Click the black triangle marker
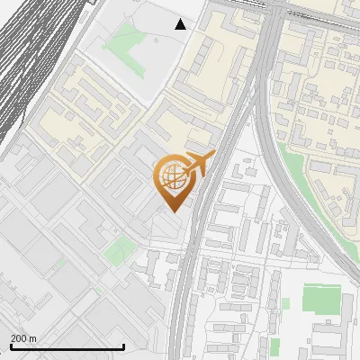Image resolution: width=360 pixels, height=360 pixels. (181, 24)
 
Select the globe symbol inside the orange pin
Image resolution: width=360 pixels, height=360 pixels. (174, 179)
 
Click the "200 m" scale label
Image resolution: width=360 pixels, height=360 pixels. (23, 338)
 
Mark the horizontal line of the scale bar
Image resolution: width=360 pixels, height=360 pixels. (67, 347)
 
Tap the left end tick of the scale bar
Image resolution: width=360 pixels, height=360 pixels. (11, 346)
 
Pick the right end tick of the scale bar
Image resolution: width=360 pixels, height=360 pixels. (124, 346)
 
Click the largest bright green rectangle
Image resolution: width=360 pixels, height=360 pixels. (321, 300)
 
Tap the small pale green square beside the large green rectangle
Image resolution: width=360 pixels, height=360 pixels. (286, 304)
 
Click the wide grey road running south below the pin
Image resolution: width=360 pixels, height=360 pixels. (184, 288)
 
